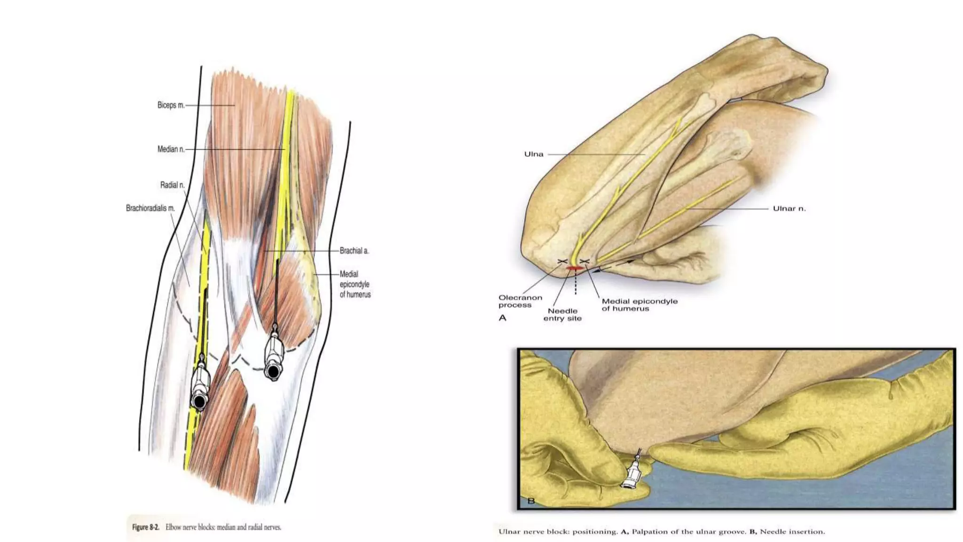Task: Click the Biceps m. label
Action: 171,105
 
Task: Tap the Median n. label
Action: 171,150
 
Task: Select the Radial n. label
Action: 172,185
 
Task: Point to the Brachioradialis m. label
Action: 150,208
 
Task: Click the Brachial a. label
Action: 354,251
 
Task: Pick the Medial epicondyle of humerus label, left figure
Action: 355,284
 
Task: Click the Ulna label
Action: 534,154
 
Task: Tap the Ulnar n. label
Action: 789,208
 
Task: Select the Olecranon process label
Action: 520,301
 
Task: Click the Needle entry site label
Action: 562,314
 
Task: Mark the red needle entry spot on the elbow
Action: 574,268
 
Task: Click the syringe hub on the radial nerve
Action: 199,401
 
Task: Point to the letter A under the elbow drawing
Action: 502,318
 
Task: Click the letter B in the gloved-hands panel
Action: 531,501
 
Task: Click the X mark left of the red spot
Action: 561,261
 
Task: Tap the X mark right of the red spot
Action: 585,261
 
